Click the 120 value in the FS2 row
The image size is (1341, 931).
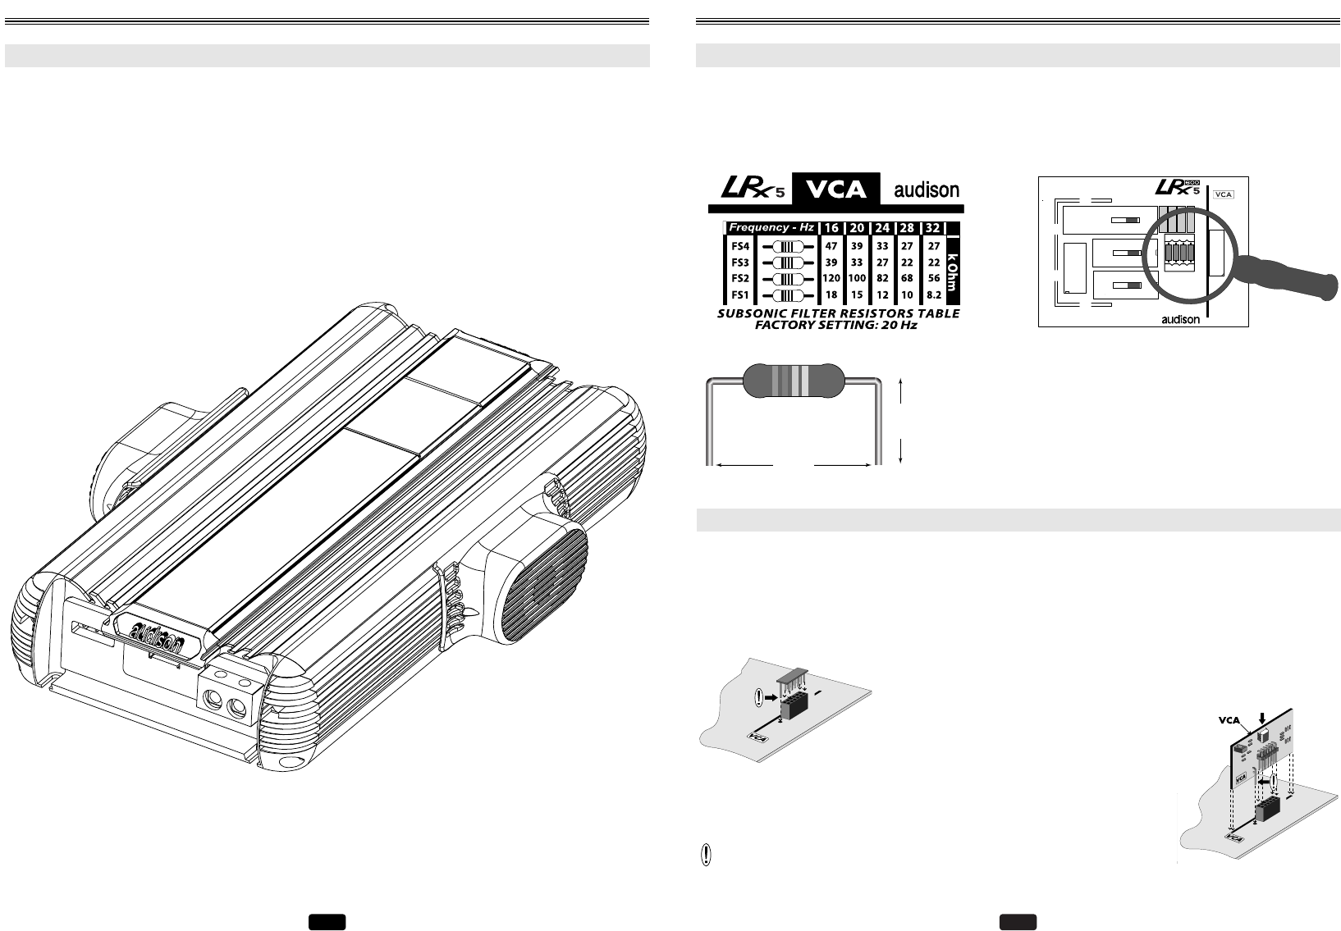(831, 279)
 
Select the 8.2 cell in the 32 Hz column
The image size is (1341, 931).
(933, 295)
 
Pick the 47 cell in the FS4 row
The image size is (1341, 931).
(831, 246)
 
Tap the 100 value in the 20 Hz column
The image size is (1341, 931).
(857, 279)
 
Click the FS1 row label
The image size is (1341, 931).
(740, 295)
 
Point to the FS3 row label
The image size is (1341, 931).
(740, 262)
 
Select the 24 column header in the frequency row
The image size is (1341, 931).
(882, 228)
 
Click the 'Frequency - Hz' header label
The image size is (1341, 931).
(771, 227)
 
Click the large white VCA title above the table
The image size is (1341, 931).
(835, 189)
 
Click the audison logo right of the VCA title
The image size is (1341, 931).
(926, 190)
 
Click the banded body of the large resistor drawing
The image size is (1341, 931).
(792, 380)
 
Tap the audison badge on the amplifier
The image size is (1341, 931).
(158, 634)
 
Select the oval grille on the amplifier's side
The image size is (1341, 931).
(544, 585)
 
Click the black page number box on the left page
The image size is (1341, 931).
(327, 922)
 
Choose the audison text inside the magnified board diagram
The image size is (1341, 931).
(1180, 320)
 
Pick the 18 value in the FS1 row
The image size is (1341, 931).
(831, 295)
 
